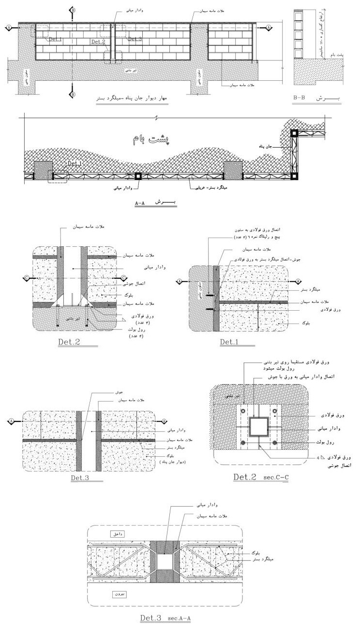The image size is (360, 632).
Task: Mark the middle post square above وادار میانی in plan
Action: click(138, 176)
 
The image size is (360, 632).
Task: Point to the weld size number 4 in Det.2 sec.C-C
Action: click(318, 456)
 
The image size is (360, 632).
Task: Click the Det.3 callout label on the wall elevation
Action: click(135, 39)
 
